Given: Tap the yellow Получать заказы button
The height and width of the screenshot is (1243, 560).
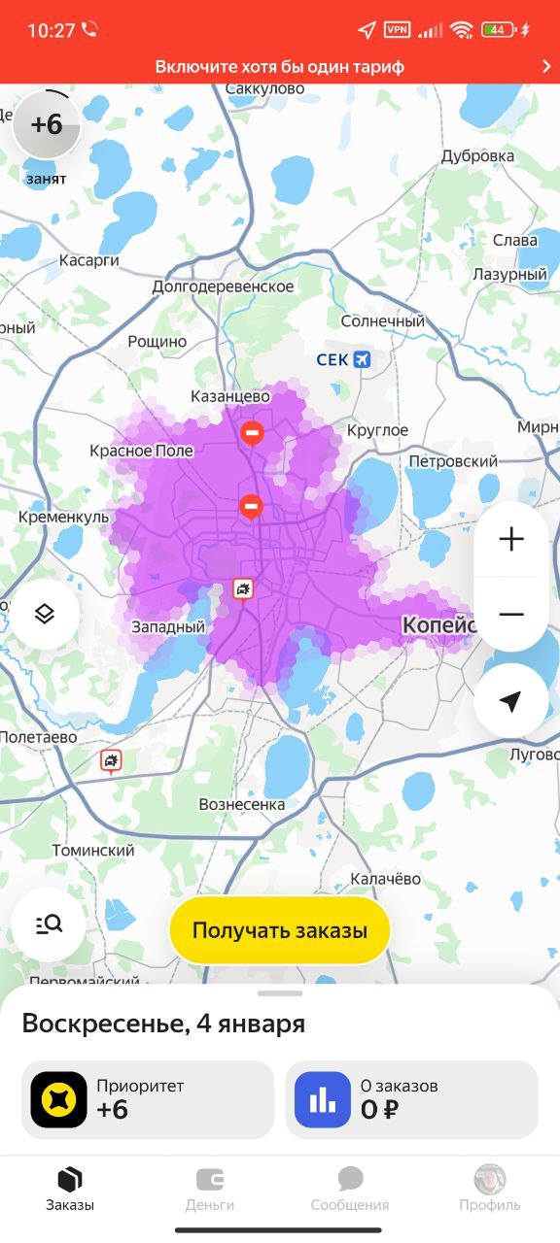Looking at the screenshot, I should coord(280,930).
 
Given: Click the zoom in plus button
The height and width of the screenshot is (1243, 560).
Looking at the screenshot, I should coord(510,540).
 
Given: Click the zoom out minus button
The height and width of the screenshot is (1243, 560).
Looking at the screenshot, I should coord(510,615).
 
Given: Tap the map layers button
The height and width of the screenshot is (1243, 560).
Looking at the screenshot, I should coord(45,615).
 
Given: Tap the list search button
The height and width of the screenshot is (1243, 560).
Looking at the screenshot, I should coord(49,924).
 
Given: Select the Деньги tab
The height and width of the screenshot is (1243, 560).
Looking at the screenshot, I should coord(210,1189).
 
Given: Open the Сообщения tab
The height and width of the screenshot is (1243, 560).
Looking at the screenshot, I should coord(350,1189).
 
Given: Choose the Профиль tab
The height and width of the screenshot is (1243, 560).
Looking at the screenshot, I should coord(490,1189).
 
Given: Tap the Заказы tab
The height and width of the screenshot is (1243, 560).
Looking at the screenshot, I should coord(70,1189).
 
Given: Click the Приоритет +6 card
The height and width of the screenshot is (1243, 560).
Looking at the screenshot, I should coord(148,1099).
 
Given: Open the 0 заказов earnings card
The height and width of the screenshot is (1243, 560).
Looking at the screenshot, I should coord(411,1099).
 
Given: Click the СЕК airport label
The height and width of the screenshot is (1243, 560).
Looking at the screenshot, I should coord(343,360).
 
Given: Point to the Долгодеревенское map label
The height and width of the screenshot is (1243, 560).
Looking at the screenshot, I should coord(223,286).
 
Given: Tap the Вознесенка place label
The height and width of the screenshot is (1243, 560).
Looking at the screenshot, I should coord(241,804).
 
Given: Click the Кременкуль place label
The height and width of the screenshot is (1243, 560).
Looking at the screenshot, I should coord(63,518).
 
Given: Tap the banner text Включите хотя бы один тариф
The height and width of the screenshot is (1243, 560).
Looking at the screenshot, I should coord(280,67).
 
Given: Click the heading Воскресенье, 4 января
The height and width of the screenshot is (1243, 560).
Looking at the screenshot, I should coord(163,1024).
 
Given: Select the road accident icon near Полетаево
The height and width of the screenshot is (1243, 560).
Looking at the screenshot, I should coord(112,760).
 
